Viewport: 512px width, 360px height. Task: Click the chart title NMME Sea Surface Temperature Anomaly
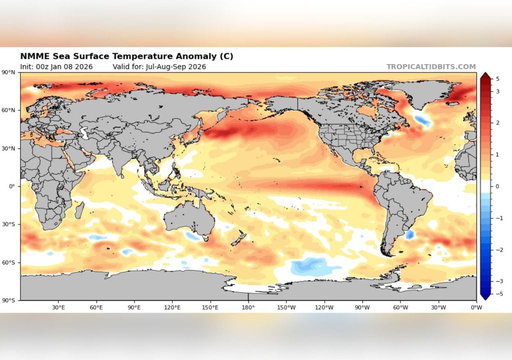tap(126, 56)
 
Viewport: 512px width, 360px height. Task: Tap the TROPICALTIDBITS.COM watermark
tap(431, 66)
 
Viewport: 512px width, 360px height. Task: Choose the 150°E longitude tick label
tap(210, 307)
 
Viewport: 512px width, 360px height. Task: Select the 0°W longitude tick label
tap(476, 307)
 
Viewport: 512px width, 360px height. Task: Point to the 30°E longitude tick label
tap(58, 307)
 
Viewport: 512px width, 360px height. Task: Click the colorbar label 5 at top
tap(498, 78)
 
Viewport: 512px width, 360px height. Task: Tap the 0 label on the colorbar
tap(497, 186)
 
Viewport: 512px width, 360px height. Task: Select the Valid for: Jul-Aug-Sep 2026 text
tap(159, 66)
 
